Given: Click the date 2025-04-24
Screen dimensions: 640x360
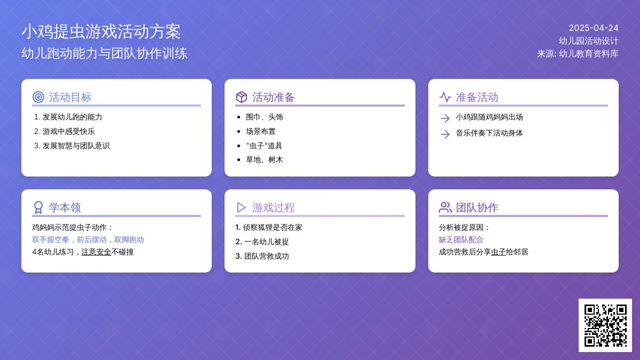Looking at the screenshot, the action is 594,28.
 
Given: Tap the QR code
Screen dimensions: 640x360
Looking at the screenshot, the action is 605,325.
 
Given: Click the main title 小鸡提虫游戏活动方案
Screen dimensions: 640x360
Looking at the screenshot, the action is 101,31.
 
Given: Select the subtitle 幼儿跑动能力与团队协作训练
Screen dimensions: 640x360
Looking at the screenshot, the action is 105,53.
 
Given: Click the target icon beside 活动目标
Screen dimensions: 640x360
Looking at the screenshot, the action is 38,97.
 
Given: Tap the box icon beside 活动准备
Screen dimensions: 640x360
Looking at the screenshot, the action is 242,97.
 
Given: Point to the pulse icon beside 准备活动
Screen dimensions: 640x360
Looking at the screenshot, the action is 445,97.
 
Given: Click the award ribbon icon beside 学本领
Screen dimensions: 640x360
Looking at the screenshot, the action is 38,207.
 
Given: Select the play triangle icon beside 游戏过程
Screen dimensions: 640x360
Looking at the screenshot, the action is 241,207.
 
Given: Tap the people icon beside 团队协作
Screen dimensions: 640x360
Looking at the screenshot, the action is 445,207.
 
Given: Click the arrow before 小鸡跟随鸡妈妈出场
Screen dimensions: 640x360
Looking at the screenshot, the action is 445,118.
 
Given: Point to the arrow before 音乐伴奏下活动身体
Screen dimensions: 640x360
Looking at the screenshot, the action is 445,134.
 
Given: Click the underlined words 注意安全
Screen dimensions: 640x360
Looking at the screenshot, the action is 97,252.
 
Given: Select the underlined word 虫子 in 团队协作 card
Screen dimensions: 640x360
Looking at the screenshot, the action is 498,252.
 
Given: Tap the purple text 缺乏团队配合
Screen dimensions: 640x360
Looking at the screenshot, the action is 461,239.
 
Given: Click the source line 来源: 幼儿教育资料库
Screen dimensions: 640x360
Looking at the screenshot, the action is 578,54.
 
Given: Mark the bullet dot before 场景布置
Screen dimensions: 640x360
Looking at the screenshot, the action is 239,131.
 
